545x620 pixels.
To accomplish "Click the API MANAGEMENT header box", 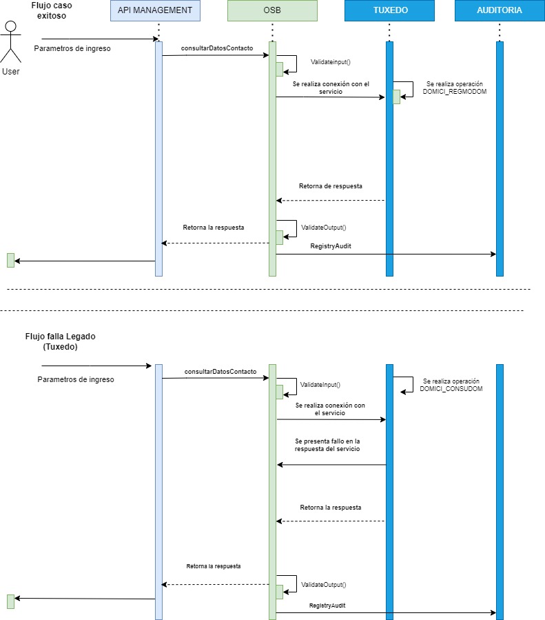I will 156,11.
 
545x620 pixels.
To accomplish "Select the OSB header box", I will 272,11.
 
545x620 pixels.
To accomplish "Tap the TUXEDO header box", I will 389,11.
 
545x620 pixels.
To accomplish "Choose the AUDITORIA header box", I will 499,11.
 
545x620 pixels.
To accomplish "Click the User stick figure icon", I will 10,41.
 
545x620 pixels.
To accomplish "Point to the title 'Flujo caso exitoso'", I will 52,10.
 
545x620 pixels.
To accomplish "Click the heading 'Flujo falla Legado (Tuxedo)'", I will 60,341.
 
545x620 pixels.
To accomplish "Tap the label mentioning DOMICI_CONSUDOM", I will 451,385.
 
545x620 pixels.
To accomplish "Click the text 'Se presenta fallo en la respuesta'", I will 327,445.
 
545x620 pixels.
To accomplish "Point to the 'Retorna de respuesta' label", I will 330,186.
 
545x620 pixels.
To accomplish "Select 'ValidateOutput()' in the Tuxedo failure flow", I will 324,584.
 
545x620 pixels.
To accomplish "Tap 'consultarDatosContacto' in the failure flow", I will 220,372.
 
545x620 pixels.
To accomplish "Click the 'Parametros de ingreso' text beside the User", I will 72,49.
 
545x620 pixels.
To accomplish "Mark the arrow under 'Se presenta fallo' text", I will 331,465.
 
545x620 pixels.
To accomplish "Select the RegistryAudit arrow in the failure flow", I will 386,612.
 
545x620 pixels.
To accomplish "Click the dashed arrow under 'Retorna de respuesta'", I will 330,200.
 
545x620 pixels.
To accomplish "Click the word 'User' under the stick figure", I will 11,72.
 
